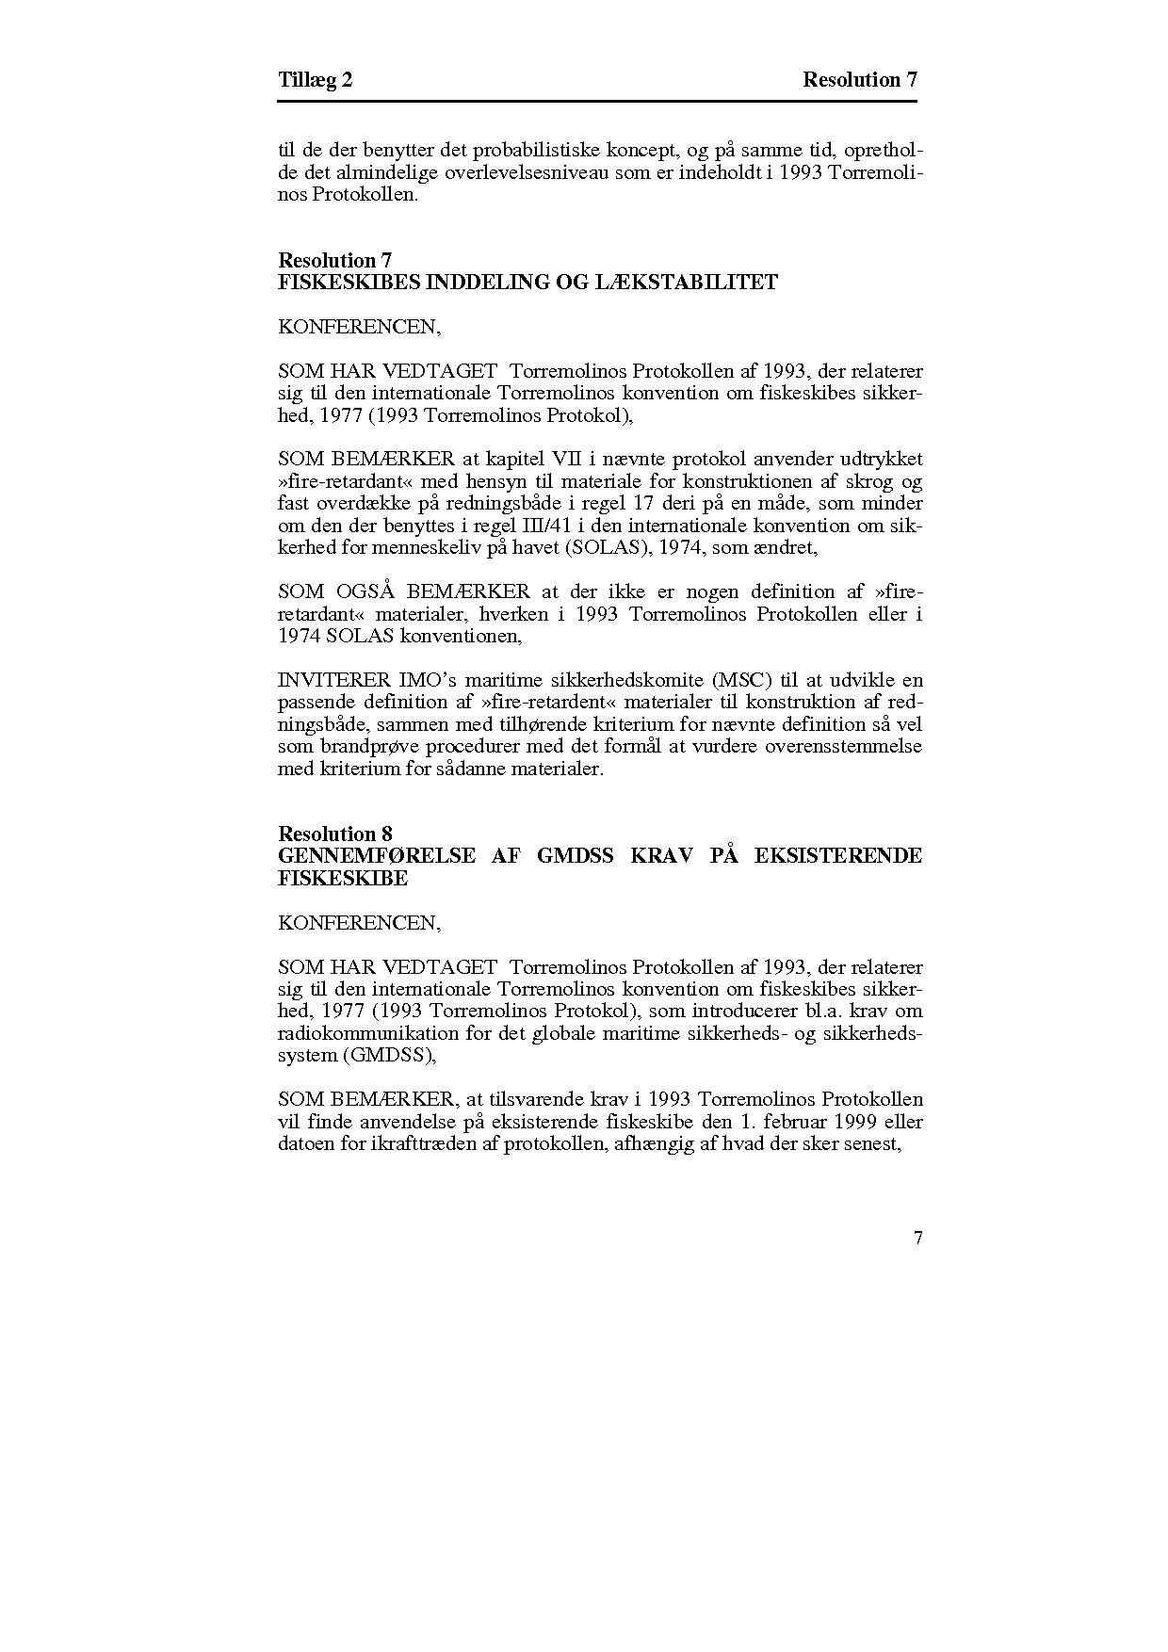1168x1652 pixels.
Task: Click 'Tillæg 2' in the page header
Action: (x=316, y=80)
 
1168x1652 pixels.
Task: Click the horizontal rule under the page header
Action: (x=598, y=101)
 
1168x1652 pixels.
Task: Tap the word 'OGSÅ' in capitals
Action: (x=362, y=592)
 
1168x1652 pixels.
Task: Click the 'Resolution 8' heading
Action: (x=335, y=834)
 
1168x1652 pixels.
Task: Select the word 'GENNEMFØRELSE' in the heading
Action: (x=377, y=856)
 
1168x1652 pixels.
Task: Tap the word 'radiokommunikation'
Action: (x=360, y=1034)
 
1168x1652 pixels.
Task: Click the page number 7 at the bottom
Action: (x=917, y=1239)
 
